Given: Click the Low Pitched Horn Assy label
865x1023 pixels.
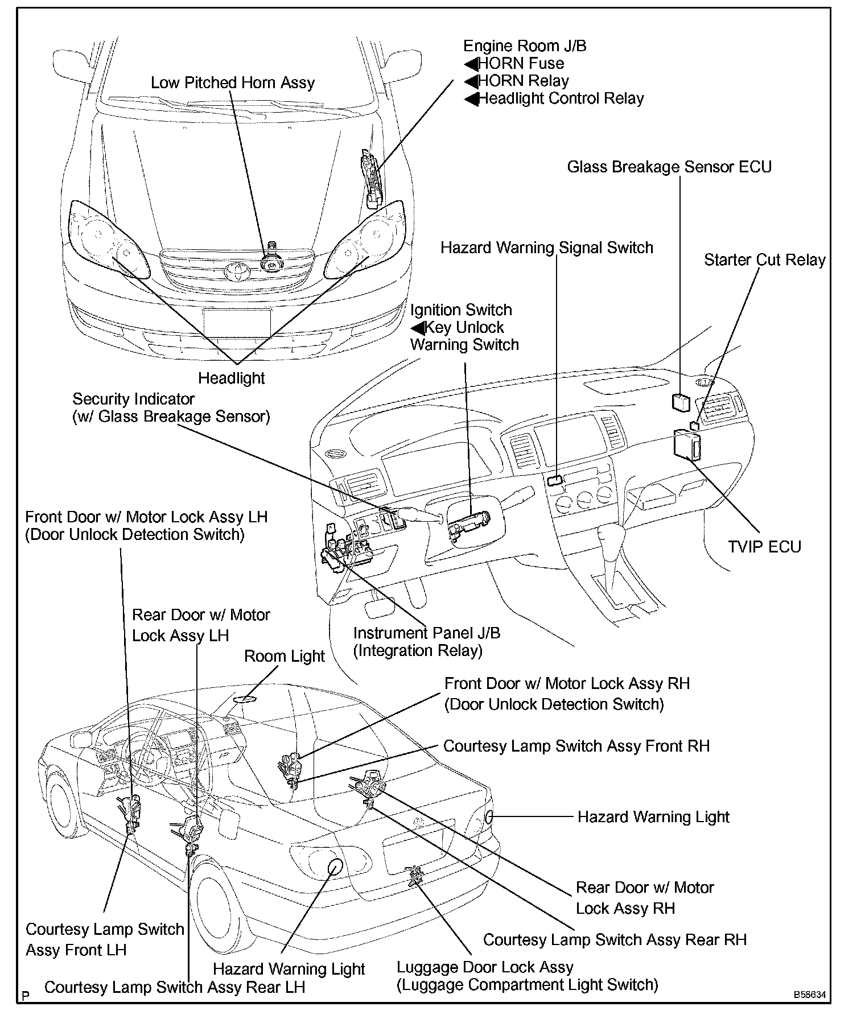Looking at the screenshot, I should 232,83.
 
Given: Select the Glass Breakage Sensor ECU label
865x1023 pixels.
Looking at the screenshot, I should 669,167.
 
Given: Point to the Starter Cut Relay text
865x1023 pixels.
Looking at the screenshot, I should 764,260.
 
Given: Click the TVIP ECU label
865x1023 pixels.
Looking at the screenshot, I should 764,547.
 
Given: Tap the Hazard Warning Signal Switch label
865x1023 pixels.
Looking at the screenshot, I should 547,248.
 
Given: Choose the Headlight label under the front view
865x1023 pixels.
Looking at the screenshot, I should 232,378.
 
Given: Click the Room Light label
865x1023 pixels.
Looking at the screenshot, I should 284,656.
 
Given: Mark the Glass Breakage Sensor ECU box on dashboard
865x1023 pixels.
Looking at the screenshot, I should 681,402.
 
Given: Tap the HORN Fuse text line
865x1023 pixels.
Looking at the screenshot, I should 521,64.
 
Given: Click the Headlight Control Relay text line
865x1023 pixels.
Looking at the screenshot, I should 561,99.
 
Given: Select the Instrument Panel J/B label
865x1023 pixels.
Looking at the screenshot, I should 427,633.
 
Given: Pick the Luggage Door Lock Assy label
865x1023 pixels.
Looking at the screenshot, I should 485,967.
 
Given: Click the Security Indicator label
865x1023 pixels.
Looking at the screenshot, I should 133,399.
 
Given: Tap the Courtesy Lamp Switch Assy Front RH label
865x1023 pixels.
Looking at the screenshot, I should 576,746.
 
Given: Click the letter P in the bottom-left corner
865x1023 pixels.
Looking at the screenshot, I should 24,996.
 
